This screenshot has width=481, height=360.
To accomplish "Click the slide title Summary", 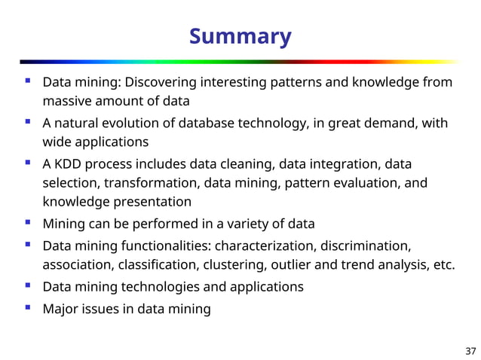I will [240, 36].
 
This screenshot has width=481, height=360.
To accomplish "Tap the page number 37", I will [470, 350].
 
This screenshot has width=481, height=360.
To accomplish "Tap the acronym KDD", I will [69, 163].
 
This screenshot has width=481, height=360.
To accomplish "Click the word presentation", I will [152, 202].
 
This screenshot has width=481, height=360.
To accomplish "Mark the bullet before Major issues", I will [28, 307].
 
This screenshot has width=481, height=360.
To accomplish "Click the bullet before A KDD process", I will [28, 163].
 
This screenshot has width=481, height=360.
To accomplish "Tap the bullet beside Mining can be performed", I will [28, 223].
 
